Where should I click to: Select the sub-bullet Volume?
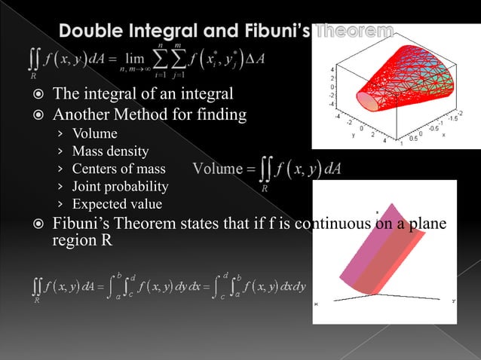point(95,134)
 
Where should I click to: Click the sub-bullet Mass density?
point(110,151)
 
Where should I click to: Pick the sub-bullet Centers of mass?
point(118,169)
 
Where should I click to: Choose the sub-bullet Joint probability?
point(120,186)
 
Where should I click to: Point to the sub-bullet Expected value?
point(117,203)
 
